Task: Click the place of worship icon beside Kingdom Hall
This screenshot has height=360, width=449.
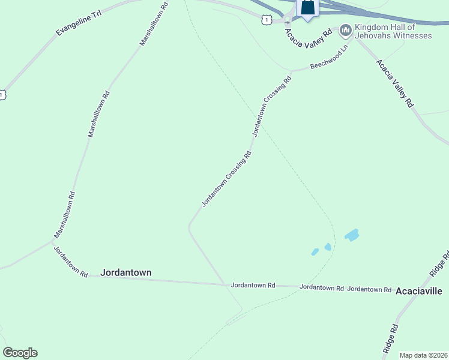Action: coord(345,29)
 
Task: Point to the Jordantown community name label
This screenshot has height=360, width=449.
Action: coord(126,272)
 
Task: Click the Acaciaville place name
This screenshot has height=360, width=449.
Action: coord(418,291)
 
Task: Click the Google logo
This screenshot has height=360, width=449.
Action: coord(20,352)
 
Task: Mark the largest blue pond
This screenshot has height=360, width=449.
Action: coord(352,235)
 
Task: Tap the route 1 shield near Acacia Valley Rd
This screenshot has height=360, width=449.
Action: coord(267,20)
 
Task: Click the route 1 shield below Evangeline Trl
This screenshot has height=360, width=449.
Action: coord(2,95)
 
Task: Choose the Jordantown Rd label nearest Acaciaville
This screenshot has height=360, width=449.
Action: coord(370,289)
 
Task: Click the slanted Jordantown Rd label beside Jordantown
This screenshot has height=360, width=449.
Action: coord(71,262)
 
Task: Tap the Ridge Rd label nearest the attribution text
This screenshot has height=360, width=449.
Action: coord(390,339)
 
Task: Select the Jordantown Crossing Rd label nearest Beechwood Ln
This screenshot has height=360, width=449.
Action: coord(268,107)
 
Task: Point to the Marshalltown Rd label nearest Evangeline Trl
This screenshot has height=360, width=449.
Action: coord(154,23)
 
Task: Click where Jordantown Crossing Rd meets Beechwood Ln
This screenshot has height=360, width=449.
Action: coord(292,72)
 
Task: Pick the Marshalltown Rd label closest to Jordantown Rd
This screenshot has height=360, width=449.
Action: coord(64,214)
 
